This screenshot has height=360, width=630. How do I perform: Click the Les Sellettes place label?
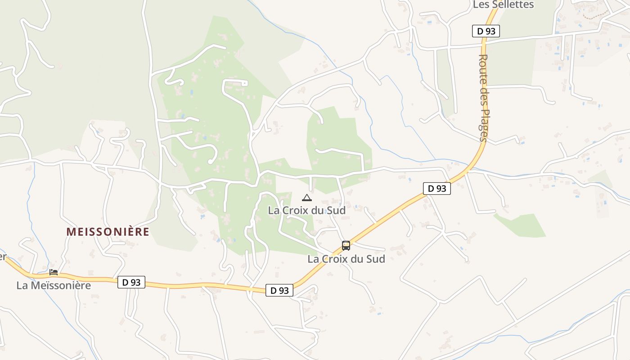tap(503, 4)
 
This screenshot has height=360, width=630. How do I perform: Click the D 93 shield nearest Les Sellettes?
tap(486, 31)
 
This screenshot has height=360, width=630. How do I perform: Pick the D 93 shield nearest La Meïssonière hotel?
tap(131, 282)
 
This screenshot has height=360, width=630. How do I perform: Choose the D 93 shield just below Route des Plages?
tap(436, 189)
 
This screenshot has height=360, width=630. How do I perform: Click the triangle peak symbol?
tap(306, 198)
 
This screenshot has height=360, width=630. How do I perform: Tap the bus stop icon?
tap(346, 246)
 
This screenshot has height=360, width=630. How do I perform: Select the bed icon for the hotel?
tap(54, 272)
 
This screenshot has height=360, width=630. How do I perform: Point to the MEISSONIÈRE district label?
tap(108, 232)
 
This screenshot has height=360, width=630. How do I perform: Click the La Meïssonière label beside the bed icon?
tap(54, 285)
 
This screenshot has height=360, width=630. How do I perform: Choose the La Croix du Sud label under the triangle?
tap(306, 210)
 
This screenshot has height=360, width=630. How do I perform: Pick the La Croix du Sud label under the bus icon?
tap(346, 259)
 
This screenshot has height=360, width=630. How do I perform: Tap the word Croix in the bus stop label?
tap(336, 259)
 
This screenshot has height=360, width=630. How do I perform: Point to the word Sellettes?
tap(513, 4)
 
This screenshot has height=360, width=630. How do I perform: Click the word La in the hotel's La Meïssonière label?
tap(22, 285)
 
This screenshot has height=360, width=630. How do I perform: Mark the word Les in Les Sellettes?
tap(481, 4)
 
